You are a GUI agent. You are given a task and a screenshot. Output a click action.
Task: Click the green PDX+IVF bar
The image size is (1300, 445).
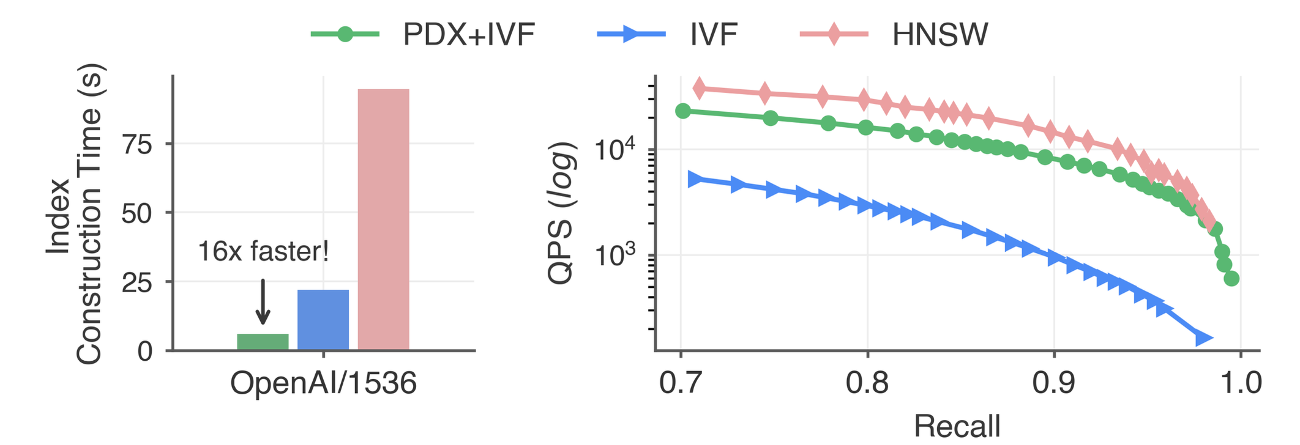[263, 342]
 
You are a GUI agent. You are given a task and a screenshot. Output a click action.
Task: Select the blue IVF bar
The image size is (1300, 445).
[323, 320]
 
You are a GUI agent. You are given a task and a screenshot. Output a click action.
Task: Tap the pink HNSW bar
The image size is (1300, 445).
[383, 219]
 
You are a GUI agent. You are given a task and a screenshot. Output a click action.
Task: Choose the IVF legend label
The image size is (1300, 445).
[713, 34]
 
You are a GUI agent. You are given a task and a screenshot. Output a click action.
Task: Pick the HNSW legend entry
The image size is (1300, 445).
[940, 34]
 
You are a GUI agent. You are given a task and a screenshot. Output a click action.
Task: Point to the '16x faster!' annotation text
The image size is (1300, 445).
[263, 251]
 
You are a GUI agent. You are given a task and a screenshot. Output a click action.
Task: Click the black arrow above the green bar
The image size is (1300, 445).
[263, 302]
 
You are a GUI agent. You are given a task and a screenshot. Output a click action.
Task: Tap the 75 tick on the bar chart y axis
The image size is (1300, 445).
[137, 144]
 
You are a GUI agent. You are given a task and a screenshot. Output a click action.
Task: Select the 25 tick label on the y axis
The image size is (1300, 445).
[137, 282]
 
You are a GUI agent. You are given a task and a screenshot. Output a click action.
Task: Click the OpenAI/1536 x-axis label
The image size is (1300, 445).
[323, 384]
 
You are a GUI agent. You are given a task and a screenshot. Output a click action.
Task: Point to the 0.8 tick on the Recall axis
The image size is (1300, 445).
[867, 384]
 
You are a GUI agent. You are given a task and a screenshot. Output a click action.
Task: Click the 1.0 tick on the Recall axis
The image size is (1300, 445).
[1239, 384]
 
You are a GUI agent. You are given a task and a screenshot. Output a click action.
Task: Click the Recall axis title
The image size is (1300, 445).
[957, 425]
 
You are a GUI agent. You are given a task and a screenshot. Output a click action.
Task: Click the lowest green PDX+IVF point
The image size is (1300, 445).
[1231, 279]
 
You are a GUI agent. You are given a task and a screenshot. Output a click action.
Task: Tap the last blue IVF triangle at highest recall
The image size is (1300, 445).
[1203, 338]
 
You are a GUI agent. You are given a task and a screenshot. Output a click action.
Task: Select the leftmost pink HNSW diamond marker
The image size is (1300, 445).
[700, 89]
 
